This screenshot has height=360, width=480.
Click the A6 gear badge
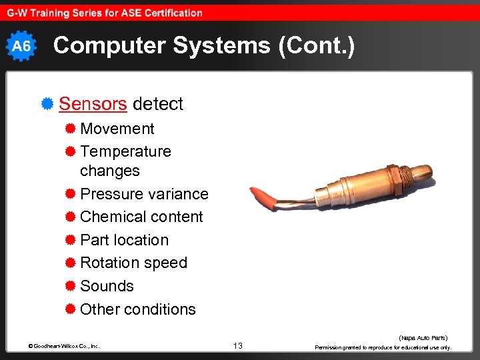(21, 46)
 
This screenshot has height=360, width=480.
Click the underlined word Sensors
(93, 104)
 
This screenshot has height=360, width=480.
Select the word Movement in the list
(117, 129)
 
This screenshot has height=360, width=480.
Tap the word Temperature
(125, 151)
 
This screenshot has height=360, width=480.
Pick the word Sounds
(107, 286)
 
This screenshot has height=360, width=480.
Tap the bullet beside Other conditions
(70, 309)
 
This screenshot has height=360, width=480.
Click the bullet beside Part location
(70, 240)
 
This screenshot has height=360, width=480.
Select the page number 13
(238, 346)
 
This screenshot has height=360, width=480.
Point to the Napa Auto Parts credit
(423, 338)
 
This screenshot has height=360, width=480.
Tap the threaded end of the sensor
(403, 174)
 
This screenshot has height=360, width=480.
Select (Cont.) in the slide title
(313, 45)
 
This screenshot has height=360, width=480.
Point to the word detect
(158, 104)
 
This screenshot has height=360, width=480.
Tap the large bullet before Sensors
(47, 104)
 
